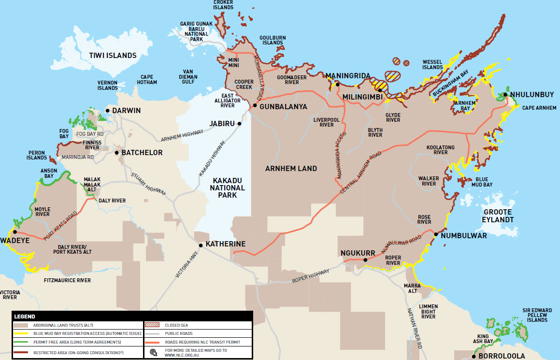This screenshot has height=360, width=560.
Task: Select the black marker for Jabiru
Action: [x=239, y=124]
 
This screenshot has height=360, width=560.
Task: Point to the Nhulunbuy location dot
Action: [x=505, y=95]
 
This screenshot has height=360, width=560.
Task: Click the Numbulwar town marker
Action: [x=436, y=234]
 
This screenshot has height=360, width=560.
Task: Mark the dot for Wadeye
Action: [x=15, y=232]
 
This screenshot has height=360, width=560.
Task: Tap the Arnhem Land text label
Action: [x=291, y=169]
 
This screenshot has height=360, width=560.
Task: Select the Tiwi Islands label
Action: [x=113, y=56]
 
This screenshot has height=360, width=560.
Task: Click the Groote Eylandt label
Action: [x=497, y=216]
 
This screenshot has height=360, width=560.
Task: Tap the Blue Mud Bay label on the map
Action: [x=481, y=182]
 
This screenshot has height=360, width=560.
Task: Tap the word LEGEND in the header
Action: [x=25, y=317]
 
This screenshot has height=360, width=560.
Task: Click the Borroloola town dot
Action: [x=474, y=356]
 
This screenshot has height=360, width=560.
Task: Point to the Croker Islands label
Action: [x=223, y=5]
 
